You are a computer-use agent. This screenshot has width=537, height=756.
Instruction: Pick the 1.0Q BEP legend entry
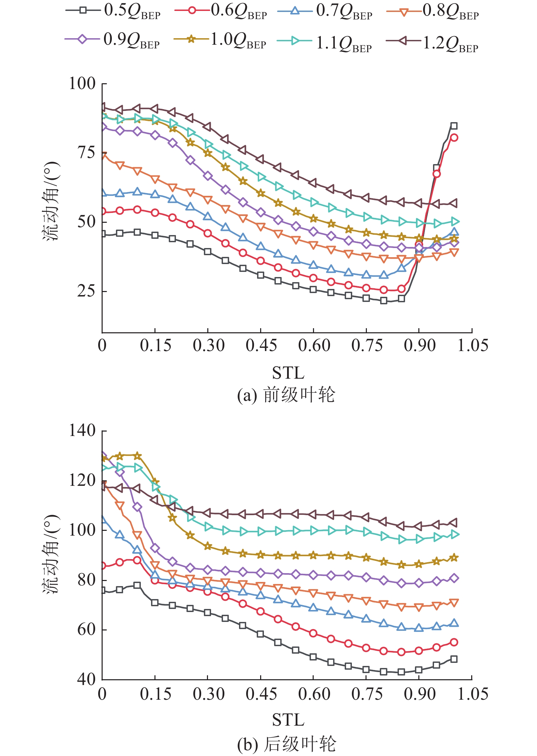[220, 40]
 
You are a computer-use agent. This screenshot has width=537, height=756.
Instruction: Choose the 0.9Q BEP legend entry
[113, 40]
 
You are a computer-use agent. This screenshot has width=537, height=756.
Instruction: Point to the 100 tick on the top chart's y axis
[82, 84]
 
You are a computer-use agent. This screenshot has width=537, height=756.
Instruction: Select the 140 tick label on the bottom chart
[82, 431]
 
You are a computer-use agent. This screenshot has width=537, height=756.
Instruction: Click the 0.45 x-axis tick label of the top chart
[261, 346]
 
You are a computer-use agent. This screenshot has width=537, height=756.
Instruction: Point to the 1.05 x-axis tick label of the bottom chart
[472, 694]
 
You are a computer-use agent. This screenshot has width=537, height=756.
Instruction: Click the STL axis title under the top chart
[288, 373]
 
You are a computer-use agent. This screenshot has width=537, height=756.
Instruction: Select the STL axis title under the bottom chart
[288, 720]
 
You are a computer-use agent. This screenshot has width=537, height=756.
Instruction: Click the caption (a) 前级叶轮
[286, 395]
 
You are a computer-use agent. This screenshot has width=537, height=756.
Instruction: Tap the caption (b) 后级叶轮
[286, 744]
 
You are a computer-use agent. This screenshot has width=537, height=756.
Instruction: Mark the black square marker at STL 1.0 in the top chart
[454, 126]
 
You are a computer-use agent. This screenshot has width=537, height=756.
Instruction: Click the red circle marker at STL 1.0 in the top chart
[454, 138]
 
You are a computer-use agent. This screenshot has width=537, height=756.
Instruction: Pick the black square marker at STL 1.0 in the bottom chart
[454, 659]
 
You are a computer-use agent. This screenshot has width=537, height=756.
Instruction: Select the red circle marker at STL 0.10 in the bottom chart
[137, 560]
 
